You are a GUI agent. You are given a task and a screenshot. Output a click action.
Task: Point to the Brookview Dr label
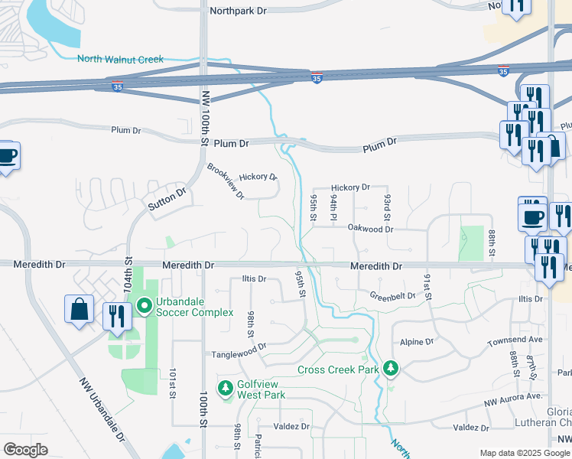(226, 181)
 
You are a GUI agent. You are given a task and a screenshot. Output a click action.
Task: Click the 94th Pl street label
(334, 207)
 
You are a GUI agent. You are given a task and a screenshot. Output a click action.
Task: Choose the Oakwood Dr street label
(369, 229)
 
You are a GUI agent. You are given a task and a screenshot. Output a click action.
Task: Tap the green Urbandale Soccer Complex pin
(145, 307)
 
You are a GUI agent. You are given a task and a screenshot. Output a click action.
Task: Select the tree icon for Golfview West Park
(226, 388)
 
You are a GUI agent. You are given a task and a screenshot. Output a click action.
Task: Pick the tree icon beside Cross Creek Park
(391, 369)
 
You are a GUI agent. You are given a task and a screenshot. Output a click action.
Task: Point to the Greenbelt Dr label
(392, 295)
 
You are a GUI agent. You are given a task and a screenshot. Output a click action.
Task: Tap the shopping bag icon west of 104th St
(79, 311)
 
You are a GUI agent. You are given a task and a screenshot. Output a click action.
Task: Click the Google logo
(25, 449)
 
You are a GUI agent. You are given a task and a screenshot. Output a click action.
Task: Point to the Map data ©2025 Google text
(524, 453)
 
